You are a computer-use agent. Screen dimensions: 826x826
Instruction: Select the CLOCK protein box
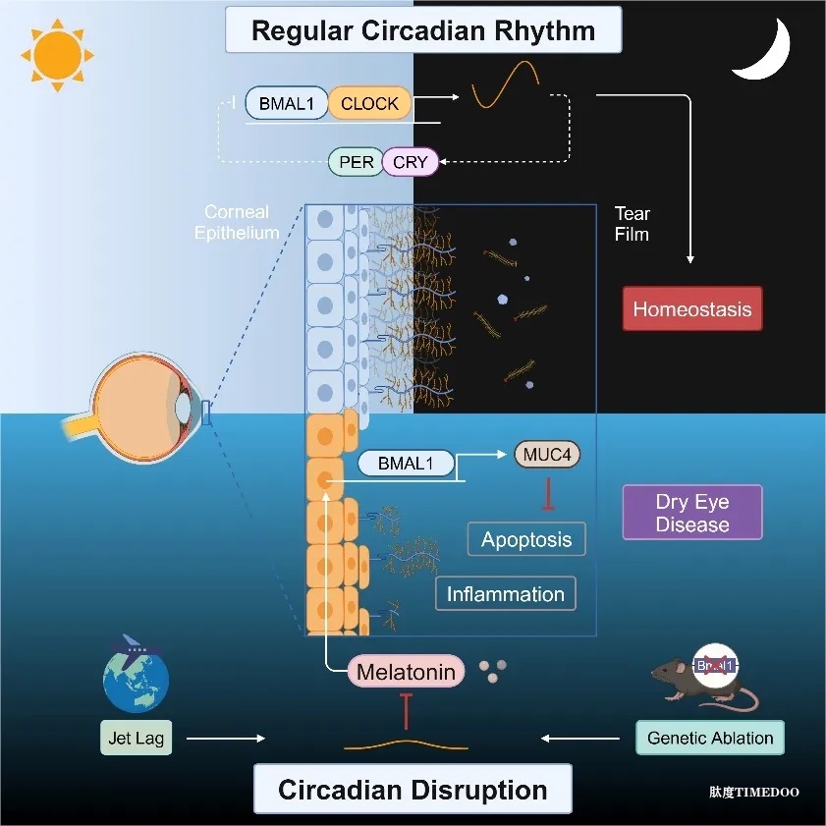369,103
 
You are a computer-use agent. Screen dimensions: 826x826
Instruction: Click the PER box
357,162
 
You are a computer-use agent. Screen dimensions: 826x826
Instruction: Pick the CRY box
411,162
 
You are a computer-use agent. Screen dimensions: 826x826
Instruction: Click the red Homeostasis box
691,309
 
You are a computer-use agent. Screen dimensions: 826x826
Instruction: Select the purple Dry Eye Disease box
691,513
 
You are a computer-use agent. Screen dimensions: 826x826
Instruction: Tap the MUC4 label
548,455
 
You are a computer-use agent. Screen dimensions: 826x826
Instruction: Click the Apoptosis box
526,539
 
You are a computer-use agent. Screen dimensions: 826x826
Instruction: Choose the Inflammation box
505,594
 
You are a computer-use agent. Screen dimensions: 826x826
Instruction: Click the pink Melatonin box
406,673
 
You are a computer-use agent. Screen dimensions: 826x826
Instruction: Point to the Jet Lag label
136,737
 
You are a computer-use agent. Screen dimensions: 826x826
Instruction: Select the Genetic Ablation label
710,738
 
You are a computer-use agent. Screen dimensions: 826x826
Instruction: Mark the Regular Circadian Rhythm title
423,29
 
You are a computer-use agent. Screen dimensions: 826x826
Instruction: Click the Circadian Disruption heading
413,790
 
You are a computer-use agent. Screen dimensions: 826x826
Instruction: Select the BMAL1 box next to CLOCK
286,103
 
